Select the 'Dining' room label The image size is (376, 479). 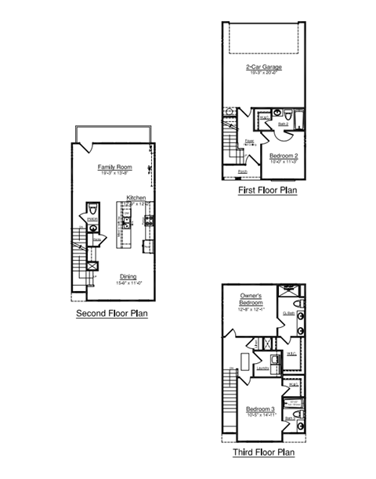(x=129, y=276)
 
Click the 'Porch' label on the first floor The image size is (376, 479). (x=243, y=171)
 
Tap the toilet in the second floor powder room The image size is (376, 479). (x=92, y=209)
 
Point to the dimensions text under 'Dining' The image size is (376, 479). (x=129, y=282)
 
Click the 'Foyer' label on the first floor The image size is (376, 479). (x=249, y=142)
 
